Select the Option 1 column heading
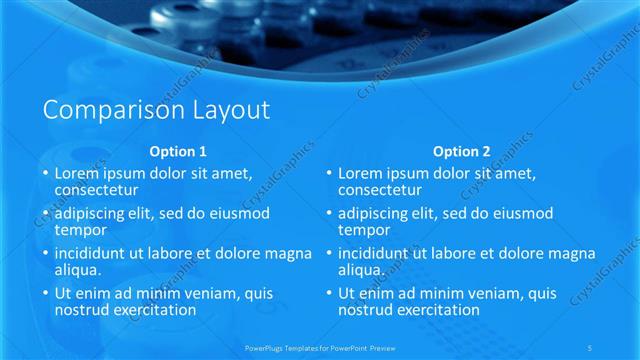click(x=178, y=152)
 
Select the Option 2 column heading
click(x=462, y=152)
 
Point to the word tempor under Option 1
click(x=79, y=229)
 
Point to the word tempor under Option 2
click(x=363, y=229)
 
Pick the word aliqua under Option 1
click(x=78, y=270)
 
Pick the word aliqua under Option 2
click(x=362, y=270)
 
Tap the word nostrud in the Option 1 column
click(x=83, y=310)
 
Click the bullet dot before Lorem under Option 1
click(x=45, y=173)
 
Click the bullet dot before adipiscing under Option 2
click(x=329, y=214)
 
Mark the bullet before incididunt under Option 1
click(x=45, y=254)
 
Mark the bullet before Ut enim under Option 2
click(x=329, y=294)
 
